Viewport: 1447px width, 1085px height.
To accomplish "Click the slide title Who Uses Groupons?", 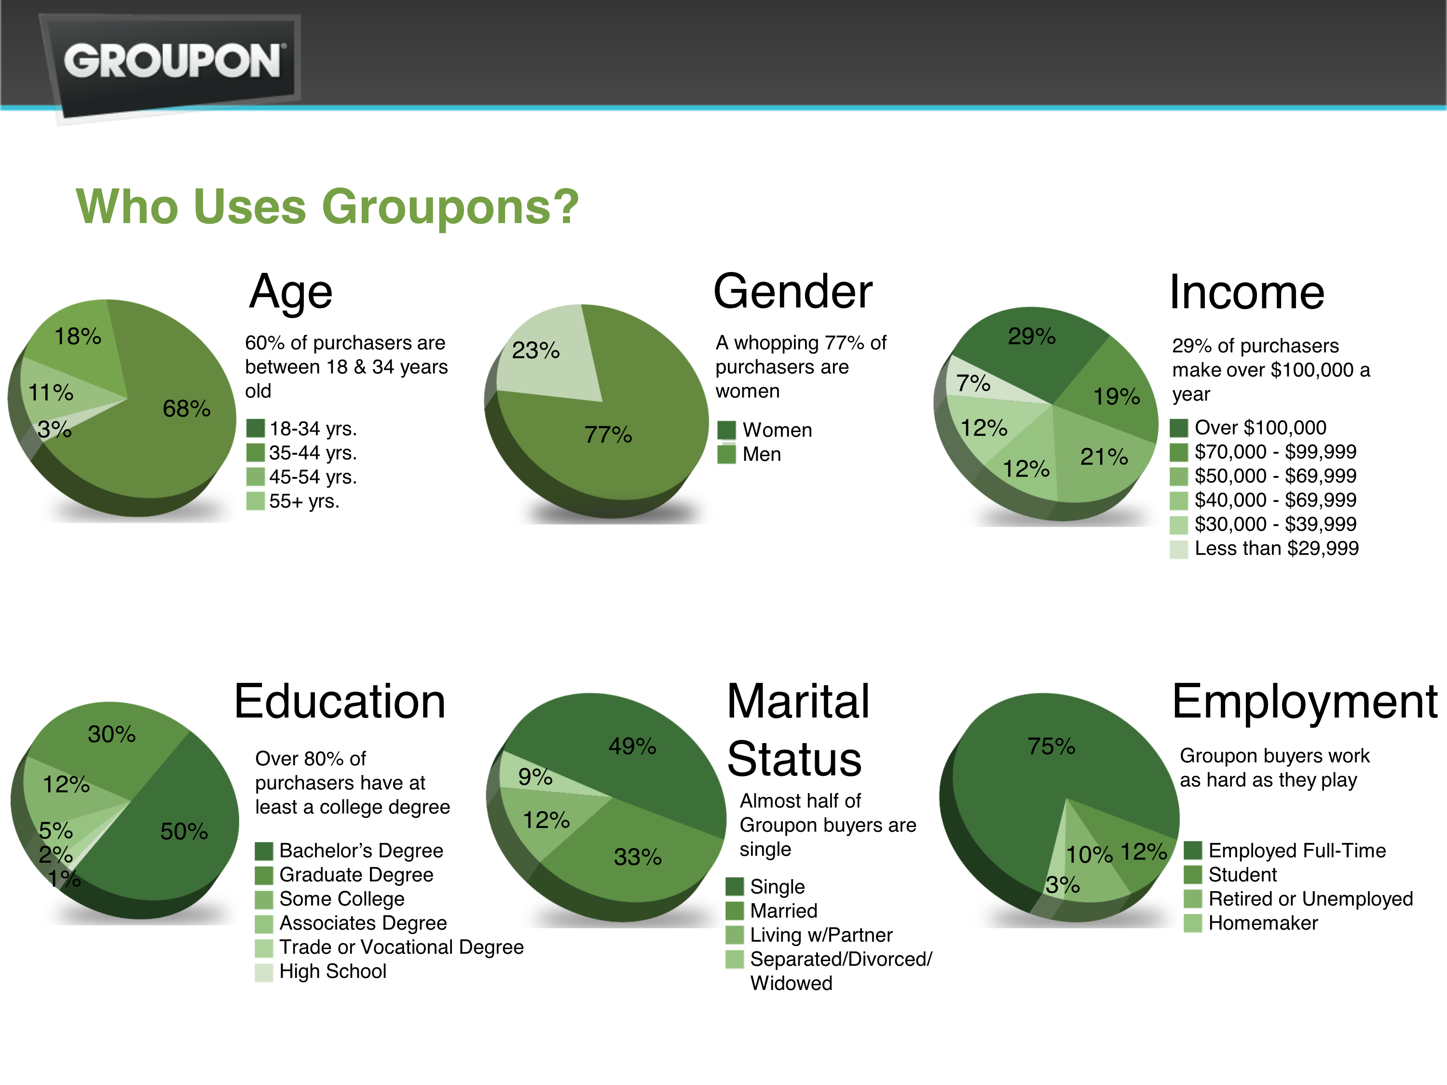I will pyautogui.click(x=327, y=207).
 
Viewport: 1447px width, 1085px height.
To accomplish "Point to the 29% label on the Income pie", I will pyautogui.click(x=1032, y=336).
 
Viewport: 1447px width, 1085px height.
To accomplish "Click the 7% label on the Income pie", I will pyautogui.click(x=973, y=382).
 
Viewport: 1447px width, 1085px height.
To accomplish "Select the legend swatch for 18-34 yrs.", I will pyautogui.click(x=255, y=428).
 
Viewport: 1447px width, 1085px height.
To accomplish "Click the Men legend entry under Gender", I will pyautogui.click(x=762, y=454).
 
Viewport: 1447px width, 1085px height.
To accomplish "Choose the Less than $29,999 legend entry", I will pyautogui.click(x=1276, y=548).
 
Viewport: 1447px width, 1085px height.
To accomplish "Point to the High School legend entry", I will pyautogui.click(x=332, y=971).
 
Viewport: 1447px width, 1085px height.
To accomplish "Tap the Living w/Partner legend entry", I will pyautogui.click(x=821, y=935).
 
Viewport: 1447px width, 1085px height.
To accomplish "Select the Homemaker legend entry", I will pyautogui.click(x=1263, y=923).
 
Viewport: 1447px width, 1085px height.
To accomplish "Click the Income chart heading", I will pyautogui.click(x=1247, y=292).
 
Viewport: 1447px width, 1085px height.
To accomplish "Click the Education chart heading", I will pyautogui.click(x=340, y=701).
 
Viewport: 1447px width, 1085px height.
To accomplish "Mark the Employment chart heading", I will pyautogui.click(x=1304, y=701).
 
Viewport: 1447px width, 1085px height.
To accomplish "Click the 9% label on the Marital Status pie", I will pyautogui.click(x=535, y=777).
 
